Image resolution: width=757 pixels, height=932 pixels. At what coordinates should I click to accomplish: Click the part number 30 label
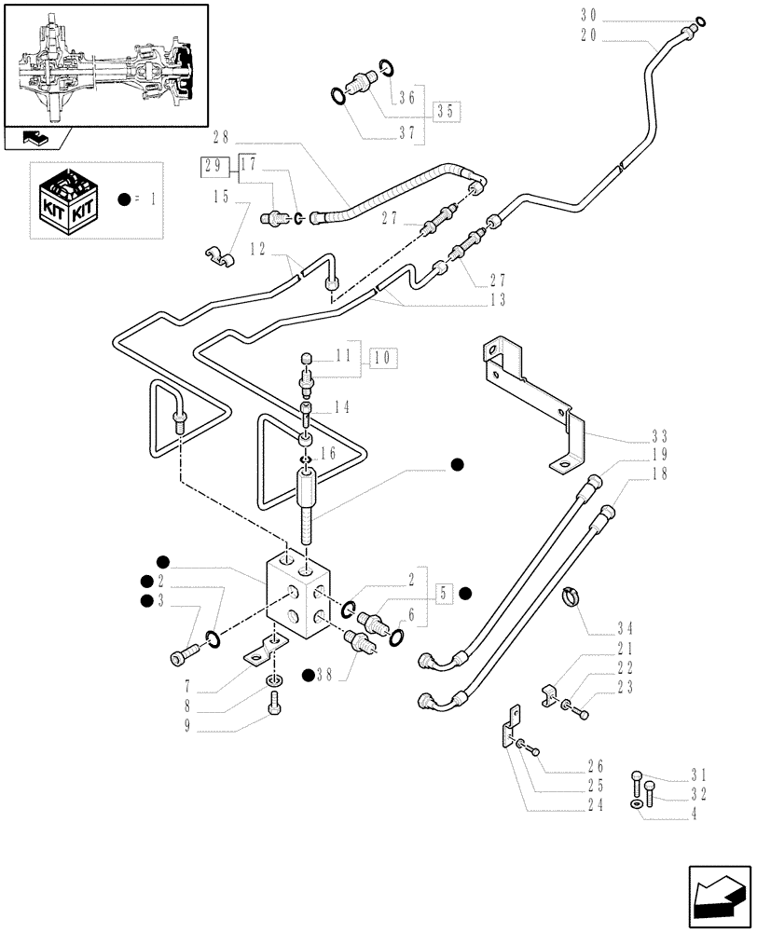588,15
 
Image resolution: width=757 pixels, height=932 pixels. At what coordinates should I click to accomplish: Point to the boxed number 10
383,357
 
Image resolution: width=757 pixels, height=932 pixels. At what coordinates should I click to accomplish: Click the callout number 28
221,138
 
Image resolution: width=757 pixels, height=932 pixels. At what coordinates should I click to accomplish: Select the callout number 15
221,198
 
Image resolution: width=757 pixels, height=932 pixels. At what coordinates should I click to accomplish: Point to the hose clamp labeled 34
571,597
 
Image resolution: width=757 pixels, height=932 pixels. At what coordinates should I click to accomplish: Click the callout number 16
327,453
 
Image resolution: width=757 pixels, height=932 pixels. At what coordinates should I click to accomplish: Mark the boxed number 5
443,593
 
